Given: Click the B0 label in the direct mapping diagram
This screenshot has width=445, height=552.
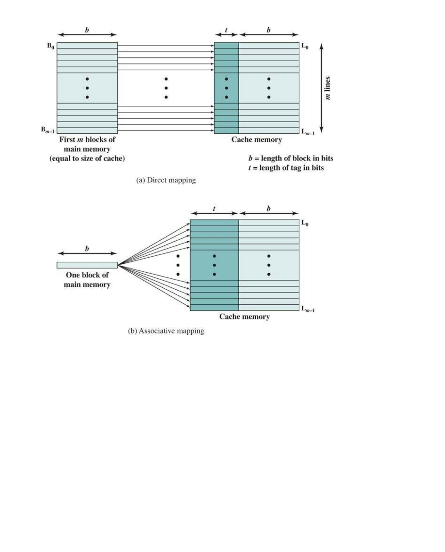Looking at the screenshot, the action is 50,46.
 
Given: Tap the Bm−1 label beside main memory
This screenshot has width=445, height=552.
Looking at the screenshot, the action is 48,130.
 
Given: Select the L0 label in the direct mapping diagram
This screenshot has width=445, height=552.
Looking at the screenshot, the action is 305,46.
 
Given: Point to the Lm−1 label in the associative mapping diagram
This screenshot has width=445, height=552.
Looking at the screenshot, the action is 308,309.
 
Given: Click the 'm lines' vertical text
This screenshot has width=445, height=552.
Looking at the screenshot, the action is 328,88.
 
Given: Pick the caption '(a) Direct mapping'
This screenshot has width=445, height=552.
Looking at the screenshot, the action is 166,180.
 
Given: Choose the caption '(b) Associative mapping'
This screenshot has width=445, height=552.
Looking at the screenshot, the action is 166,331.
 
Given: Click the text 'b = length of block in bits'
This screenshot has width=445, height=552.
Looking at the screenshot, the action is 291,158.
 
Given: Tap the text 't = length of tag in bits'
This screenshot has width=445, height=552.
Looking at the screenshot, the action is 286,168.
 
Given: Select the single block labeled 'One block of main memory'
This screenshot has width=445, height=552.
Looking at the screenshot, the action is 87,265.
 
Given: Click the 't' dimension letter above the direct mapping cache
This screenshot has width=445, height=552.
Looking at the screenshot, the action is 226,30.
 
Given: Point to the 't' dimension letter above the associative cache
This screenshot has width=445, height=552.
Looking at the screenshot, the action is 214,209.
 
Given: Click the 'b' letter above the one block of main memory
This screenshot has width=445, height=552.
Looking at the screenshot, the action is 87,249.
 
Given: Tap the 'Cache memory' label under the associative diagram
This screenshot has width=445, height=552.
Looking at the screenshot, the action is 245,316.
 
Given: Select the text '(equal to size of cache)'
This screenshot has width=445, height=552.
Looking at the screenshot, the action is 87,158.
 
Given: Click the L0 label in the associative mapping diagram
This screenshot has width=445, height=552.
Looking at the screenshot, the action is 305,223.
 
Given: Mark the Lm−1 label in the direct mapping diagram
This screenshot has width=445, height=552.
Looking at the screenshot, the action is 308,132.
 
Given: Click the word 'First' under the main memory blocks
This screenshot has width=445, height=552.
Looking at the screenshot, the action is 67,139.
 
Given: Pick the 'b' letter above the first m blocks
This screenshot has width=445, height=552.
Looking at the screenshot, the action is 87,30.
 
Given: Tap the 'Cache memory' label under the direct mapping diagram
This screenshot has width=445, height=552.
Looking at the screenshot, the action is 257,139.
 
